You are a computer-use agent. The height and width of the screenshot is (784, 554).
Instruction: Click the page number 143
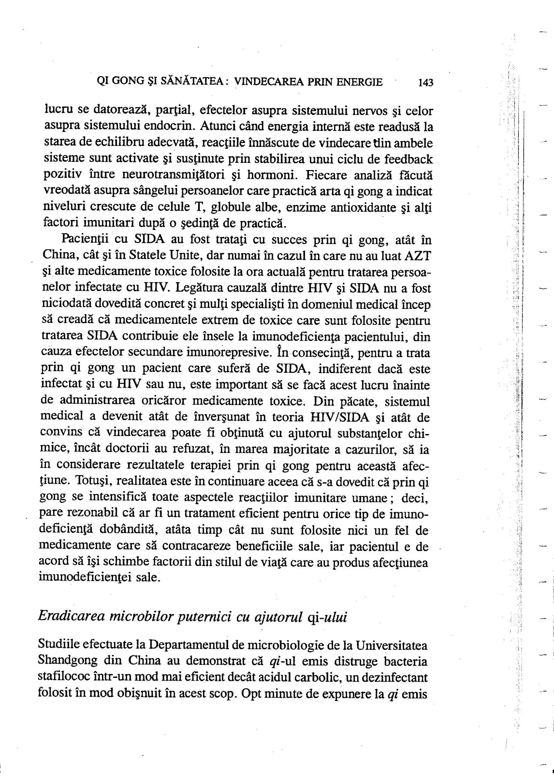(x=425, y=83)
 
